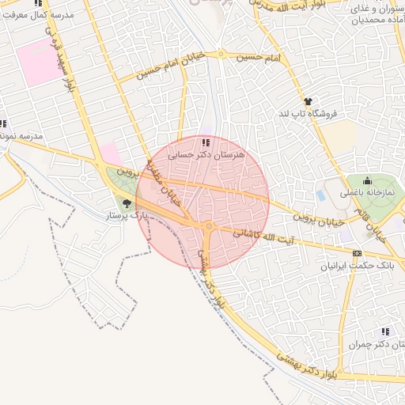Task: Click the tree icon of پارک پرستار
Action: [x=127, y=204]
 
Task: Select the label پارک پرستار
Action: [x=127, y=215]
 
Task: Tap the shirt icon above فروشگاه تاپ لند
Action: [x=308, y=101]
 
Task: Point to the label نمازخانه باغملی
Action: [x=368, y=193]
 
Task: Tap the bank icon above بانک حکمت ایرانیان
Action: [x=357, y=253]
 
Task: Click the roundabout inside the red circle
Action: [x=208, y=227]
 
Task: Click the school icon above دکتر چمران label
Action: [x=385, y=331]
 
